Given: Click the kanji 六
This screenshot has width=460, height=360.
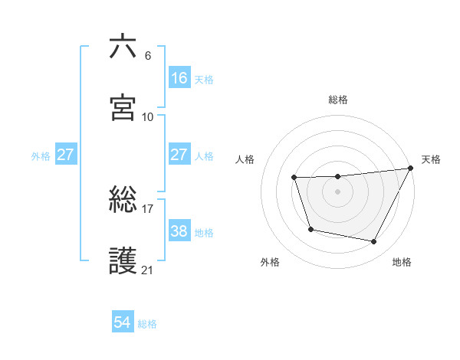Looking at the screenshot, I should pos(123,47).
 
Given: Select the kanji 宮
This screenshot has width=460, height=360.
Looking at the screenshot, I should pos(123,107).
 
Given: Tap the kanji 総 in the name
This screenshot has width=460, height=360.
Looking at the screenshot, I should pos(123,201).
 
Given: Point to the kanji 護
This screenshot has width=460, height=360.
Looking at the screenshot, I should pos(123,261).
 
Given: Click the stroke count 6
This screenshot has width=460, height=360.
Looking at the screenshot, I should pos(148,56).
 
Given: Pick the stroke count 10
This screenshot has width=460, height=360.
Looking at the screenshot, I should pos(148,116).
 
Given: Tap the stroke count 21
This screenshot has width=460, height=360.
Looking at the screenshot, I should pos(148,270).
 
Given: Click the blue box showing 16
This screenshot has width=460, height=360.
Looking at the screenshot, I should pos(179,78).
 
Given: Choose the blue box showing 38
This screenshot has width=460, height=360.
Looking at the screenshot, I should pos(179,231).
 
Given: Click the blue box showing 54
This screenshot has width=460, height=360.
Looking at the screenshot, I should pos(123,322).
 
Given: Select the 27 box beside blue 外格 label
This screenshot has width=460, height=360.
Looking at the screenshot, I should pos(65,155).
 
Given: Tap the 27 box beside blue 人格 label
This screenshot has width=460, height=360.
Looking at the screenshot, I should pos(179,155).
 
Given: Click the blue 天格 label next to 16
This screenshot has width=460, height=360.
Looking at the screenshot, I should pos(204,79).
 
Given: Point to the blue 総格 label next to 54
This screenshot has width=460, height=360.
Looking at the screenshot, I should pos(147,324).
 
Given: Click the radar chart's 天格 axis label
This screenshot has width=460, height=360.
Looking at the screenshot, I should pos(431,159).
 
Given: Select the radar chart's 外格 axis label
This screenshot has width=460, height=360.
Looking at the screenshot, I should pos(270,262).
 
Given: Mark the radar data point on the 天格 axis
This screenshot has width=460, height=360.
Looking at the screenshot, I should pos(411,169).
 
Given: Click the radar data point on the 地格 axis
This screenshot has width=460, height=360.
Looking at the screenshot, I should pos(374,242).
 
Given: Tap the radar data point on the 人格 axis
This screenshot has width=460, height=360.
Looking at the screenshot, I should pos(294,178).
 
